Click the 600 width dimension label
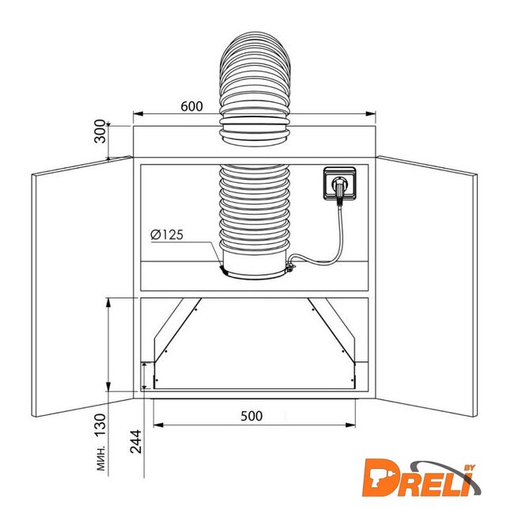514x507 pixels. (x=192, y=106)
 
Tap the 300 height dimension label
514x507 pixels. (x=100, y=132)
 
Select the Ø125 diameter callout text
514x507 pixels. (x=167, y=234)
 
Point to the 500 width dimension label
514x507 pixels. (x=251, y=416)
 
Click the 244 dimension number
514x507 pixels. (x=136, y=441)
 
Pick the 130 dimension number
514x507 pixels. (x=100, y=425)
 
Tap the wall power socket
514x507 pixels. (x=339, y=183)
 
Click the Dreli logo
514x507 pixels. (x=422, y=479)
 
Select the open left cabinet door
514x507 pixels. (x=82, y=286)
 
